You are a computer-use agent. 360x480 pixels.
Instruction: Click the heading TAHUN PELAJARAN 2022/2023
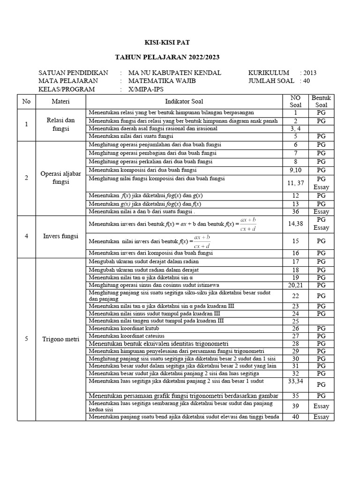[x=167, y=58]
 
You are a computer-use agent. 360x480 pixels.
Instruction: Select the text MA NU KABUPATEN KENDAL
[x=175, y=73]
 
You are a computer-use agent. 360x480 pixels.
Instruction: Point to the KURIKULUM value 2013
[x=310, y=73]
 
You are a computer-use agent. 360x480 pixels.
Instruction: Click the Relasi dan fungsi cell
[x=60, y=124]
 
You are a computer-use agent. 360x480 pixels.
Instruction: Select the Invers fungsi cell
[x=60, y=236]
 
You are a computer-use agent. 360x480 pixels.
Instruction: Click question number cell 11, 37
[x=295, y=183]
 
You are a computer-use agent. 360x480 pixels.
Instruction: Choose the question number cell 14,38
[x=295, y=224]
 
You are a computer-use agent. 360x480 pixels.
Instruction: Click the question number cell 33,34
[x=295, y=382]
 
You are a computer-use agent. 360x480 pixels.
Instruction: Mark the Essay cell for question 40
[x=321, y=417]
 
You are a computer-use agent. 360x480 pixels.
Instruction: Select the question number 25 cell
[x=295, y=321]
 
